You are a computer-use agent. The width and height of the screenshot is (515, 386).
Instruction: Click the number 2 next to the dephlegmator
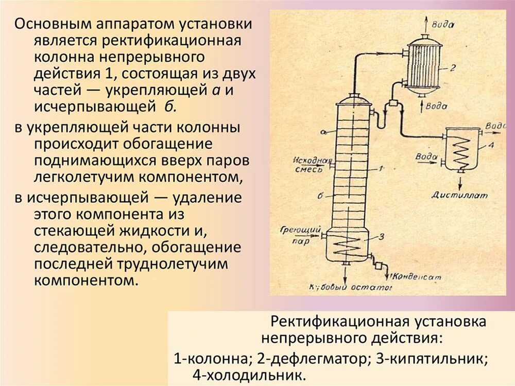tap(453, 67)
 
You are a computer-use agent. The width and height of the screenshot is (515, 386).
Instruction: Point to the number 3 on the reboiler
tap(381, 237)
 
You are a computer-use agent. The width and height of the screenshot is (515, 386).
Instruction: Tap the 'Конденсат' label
tap(418, 276)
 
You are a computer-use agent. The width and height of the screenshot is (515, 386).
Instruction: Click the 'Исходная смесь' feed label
tap(309, 163)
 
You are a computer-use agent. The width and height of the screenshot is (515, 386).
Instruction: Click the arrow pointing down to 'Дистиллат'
tap(460, 180)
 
